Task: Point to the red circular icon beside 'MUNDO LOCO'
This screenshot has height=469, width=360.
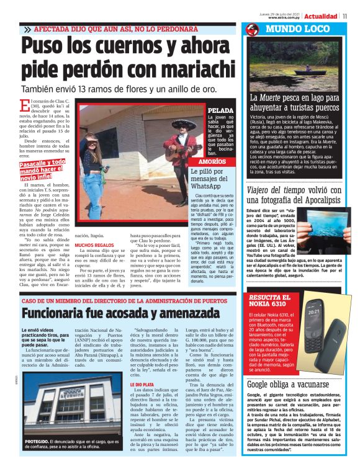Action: pyautogui.click(x=253, y=30)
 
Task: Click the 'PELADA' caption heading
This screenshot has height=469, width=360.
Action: pyautogui.click(x=220, y=110)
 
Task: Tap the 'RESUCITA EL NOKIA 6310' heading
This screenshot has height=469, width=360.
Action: pyautogui.click(x=268, y=301)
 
